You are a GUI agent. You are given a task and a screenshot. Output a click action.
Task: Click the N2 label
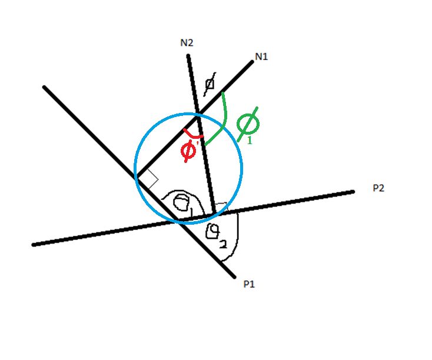coord(187,42)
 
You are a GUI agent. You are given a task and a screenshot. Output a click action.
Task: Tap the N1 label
coord(262,56)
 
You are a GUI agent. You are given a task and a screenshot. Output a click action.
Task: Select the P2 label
coord(379,188)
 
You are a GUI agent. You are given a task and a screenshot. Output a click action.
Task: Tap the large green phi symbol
coord(247,124)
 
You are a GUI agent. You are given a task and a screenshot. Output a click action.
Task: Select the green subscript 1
coord(249,141)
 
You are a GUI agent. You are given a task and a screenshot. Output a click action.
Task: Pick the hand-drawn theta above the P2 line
coord(184,203)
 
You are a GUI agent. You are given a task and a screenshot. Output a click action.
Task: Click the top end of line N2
coord(188,56)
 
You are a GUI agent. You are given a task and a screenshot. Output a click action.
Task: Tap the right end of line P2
coord(354,191)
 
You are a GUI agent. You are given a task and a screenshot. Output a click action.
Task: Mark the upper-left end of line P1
coord(45,88)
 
